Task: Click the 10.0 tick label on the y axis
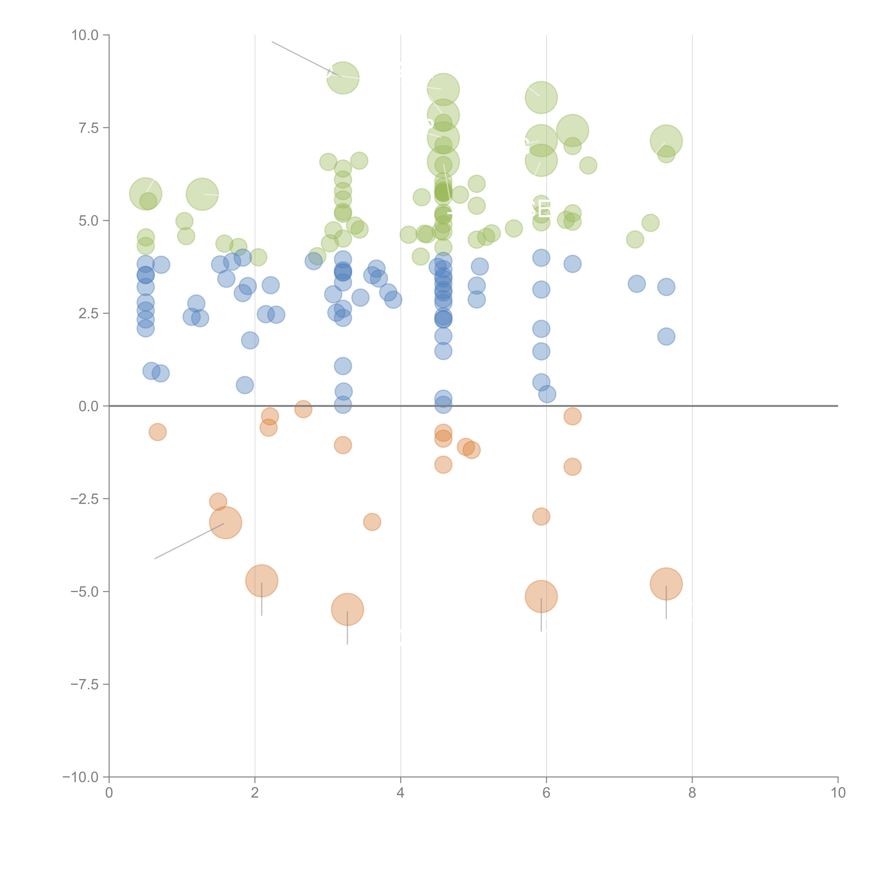85,35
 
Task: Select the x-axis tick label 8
692,793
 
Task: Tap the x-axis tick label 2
255,793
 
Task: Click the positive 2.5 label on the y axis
89,314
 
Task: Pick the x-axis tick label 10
838,793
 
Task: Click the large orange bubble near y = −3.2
225,523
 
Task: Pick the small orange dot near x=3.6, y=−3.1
372,522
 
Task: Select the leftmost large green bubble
145,194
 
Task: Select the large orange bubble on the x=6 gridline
541,596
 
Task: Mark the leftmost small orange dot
157,432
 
